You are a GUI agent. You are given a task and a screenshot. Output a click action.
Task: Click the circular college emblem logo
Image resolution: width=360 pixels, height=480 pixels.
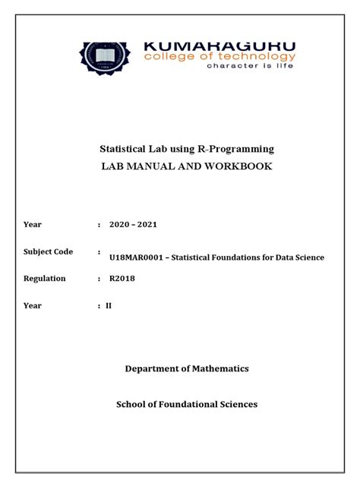click(105, 58)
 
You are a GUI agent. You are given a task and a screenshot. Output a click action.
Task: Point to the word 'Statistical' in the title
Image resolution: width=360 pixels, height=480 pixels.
click(147, 148)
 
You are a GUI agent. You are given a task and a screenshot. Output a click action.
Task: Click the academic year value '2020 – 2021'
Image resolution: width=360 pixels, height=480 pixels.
click(133, 225)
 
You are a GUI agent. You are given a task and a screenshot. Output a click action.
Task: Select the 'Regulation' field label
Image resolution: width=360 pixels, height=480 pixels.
click(45, 279)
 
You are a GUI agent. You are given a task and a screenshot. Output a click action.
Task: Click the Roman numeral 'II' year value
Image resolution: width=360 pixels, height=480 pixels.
click(109, 305)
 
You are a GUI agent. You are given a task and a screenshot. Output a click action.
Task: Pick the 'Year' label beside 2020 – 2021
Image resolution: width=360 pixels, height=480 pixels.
click(33, 225)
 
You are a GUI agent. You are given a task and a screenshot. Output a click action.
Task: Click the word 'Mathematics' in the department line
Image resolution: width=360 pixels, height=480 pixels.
click(220, 368)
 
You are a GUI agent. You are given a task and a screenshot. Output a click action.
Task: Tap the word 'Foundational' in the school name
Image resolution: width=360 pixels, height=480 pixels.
click(187, 404)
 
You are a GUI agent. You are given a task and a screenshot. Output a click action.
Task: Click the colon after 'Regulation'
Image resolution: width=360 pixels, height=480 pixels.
click(99, 279)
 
